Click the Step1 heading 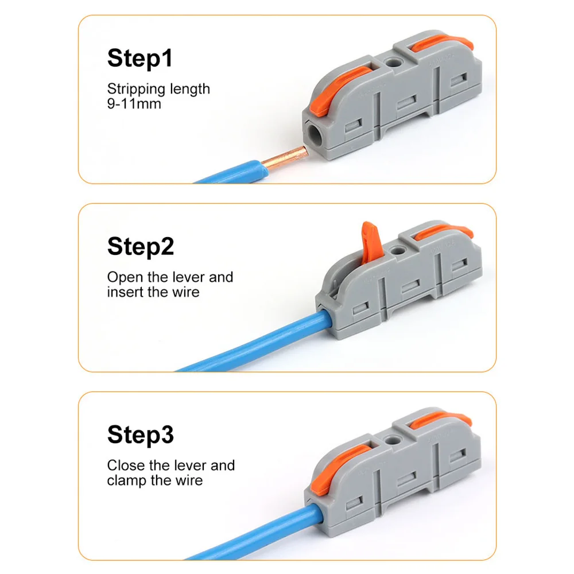pos(139,59)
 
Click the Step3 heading pos(140,435)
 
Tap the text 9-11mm pos(134,104)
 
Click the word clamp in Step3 pos(127,480)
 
